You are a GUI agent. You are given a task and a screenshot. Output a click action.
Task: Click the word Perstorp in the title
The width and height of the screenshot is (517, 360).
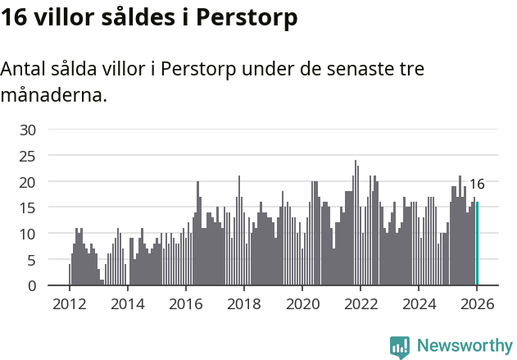coord(251,18)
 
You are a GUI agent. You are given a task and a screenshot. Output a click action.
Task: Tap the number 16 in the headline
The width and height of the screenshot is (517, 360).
coord(14,18)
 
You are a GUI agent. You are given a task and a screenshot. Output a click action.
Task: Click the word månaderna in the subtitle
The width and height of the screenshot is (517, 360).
coord(54,95)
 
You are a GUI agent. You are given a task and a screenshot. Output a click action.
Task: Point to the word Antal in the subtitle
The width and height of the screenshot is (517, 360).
coord(23,69)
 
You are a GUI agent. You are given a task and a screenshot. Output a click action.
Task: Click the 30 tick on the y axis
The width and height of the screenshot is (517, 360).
coord(28,130)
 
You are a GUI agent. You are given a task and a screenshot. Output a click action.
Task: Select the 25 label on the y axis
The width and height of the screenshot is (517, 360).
coord(28,156)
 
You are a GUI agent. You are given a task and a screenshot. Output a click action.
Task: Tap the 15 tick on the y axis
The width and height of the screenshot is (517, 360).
coord(28,207)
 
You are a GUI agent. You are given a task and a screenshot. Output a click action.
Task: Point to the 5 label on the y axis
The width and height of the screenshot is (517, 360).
coord(32,260)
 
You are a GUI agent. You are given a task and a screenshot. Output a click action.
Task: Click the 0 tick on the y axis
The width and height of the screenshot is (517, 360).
coord(32,285)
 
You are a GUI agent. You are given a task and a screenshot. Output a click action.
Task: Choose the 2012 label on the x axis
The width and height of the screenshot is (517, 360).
coord(69,304)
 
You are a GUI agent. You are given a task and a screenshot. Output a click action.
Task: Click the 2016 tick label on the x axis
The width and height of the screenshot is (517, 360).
coord(185,304)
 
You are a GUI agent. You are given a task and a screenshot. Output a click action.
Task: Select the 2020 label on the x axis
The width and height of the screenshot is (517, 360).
coord(302,304)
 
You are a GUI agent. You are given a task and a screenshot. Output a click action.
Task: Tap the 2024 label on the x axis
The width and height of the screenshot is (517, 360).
coord(419,304)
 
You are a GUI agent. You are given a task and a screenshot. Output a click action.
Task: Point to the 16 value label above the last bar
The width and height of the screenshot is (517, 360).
coord(476,185)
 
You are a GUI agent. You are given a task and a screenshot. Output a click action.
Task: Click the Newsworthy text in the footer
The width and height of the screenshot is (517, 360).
coord(465,346)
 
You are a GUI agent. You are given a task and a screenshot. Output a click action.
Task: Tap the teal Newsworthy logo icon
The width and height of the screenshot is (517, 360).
coord(400,347)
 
